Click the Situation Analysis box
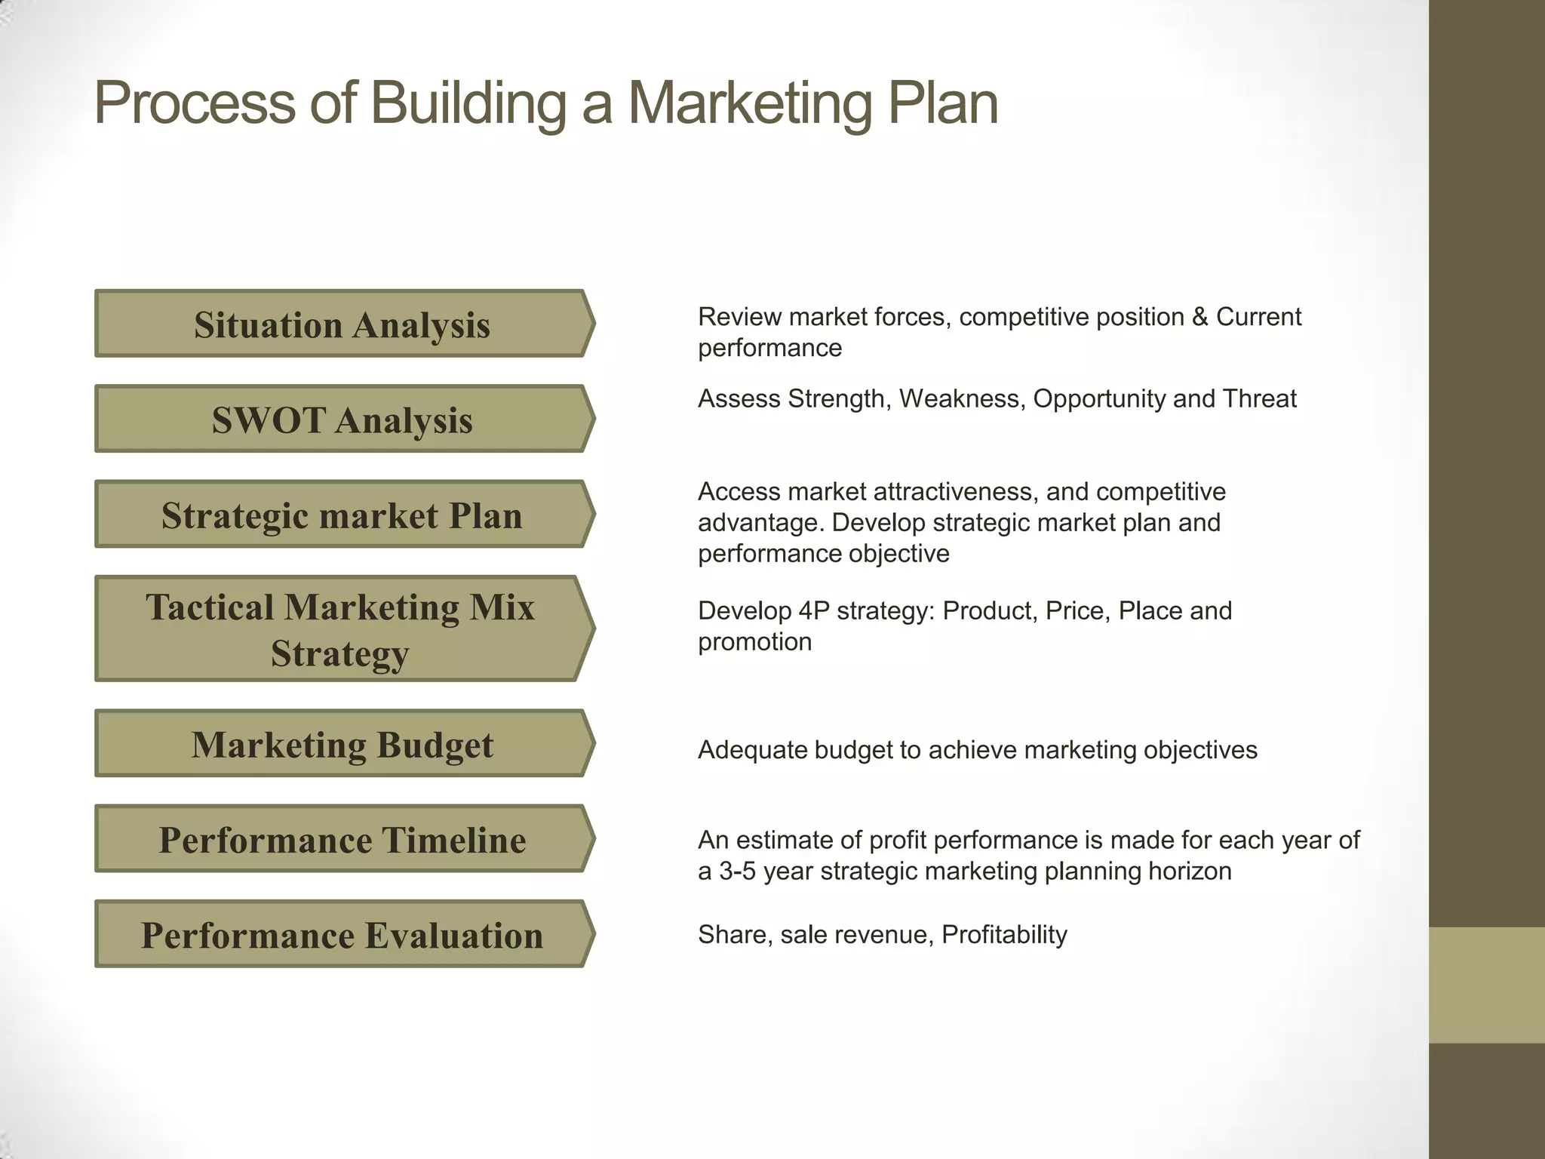342,324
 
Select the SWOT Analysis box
342,420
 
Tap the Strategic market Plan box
342,515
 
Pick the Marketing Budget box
342,744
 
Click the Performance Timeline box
342,839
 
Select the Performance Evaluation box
342,934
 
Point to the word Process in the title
195,103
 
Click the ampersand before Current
1199,317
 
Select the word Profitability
1004,935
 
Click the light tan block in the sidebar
1486,985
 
